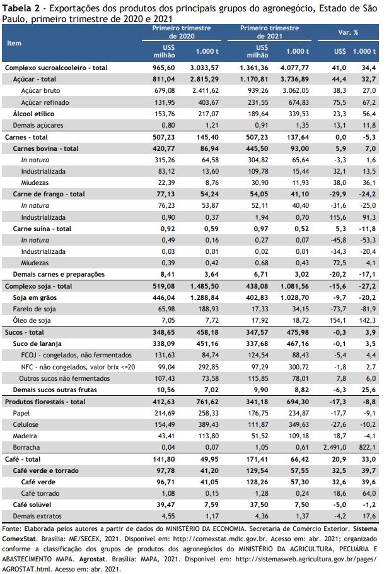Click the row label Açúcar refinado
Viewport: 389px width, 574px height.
45,102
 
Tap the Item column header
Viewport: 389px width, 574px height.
15,43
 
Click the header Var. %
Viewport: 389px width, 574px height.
348,32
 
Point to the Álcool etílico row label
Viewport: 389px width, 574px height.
33,114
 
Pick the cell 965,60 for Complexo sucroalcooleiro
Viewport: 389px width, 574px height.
164,68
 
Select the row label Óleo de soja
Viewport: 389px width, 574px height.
32,320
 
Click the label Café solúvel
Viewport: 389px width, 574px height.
32,505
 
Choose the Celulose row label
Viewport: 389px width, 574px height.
26,424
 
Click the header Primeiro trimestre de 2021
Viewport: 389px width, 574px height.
269,32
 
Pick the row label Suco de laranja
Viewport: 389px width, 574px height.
37,344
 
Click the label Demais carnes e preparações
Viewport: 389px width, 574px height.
59,275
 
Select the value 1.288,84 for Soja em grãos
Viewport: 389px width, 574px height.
204,297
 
